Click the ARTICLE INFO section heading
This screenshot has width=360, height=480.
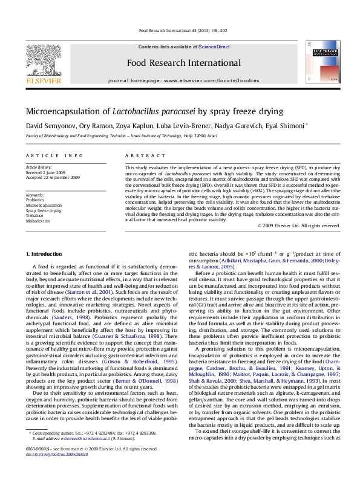point(47,156)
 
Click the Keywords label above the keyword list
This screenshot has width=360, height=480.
point(34,195)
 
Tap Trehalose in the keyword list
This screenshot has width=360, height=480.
point(34,215)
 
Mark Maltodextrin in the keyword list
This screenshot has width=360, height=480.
point(37,220)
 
